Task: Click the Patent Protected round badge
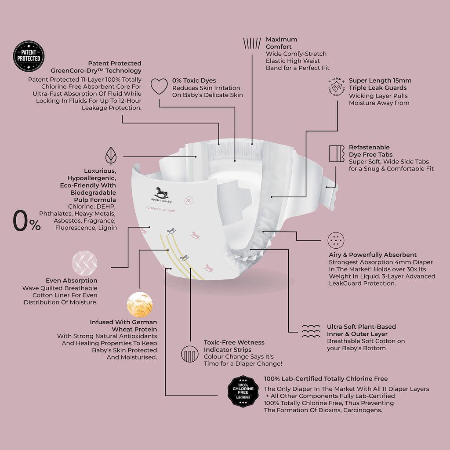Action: (x=29, y=56)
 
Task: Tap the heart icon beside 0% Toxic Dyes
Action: (x=159, y=87)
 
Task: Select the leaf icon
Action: (x=111, y=156)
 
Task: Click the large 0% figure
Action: (x=27, y=221)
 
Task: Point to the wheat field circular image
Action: (x=140, y=305)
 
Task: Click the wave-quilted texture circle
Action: (x=84, y=263)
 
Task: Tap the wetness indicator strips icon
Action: (x=190, y=354)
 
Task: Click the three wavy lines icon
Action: (x=311, y=331)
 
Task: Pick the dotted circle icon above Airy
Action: (x=336, y=240)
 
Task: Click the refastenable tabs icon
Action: (x=337, y=153)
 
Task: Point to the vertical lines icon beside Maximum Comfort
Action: (x=252, y=43)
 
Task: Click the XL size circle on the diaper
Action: (x=189, y=200)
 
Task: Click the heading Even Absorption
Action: (x=72, y=281)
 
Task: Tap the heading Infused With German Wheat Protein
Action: (x=123, y=326)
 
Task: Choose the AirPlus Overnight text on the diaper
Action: (x=161, y=211)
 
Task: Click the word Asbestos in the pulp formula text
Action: (x=67, y=221)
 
